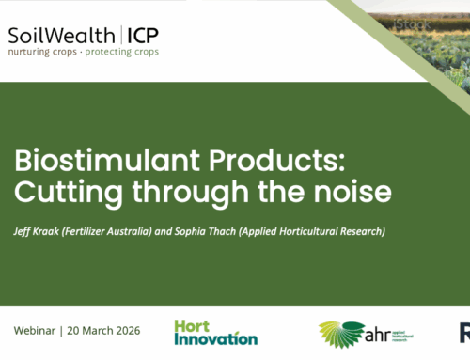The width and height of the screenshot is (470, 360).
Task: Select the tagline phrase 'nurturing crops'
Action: (41, 52)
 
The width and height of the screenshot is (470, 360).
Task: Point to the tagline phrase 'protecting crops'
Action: (121, 52)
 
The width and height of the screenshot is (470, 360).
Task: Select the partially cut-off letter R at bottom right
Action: (464, 333)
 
